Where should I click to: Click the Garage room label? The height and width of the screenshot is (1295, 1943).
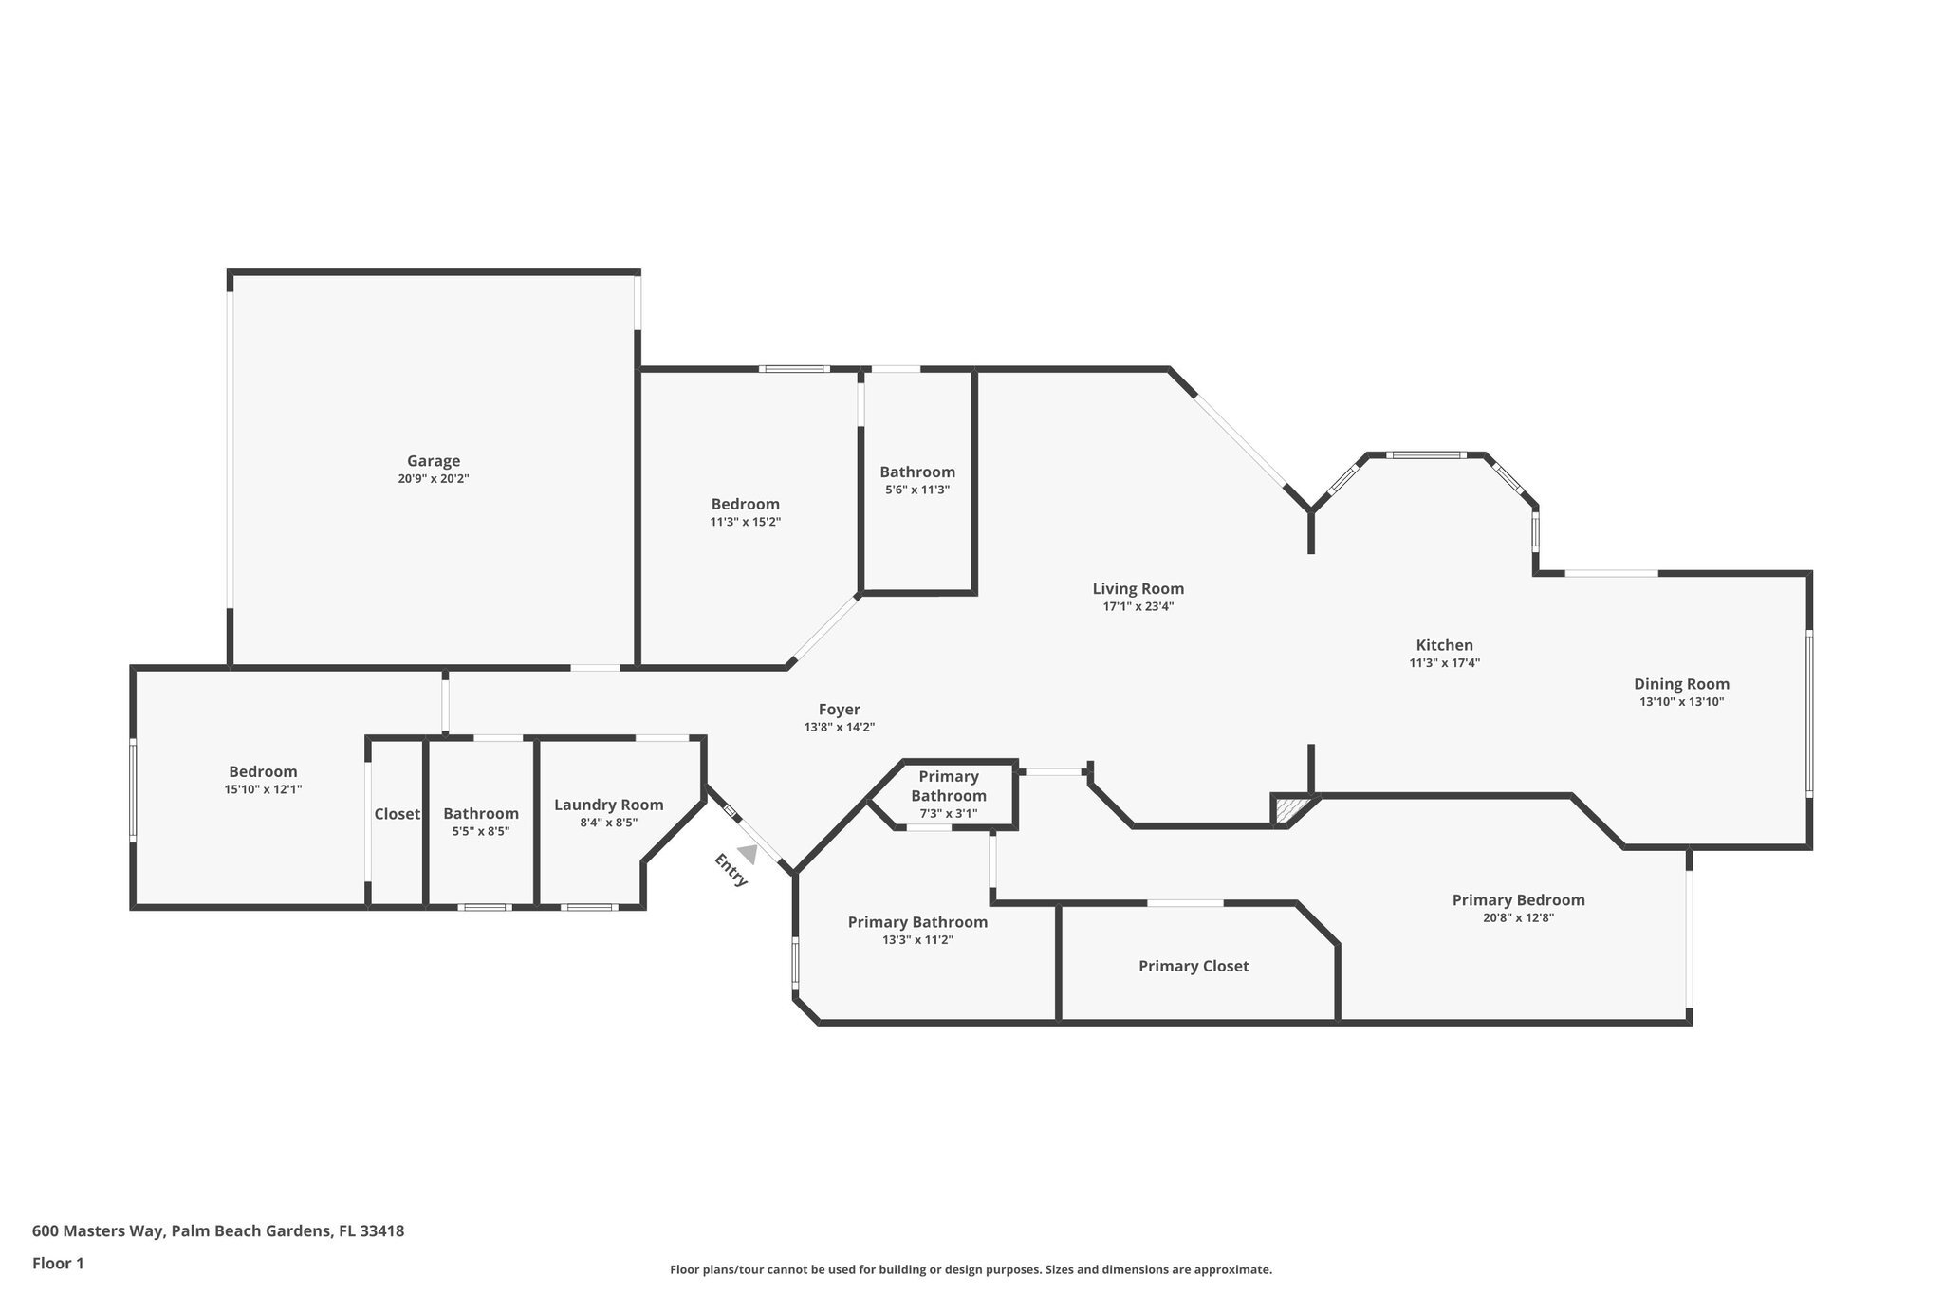434,461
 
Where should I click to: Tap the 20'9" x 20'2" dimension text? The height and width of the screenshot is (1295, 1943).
434,479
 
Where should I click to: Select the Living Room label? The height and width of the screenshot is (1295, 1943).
1138,588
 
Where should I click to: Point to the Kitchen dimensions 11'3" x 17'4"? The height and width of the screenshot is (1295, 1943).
1444,663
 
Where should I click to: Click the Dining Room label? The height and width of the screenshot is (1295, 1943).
1681,683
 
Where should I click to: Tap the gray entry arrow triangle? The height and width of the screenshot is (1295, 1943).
749,855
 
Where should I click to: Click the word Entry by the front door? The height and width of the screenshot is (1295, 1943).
731,870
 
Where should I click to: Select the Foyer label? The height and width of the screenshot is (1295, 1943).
839,709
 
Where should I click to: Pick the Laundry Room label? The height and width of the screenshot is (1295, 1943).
608,805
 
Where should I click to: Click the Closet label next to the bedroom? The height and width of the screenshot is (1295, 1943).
397,814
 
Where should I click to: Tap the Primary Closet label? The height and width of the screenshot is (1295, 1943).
1194,966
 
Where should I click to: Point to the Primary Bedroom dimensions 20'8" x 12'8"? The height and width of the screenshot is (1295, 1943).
1518,917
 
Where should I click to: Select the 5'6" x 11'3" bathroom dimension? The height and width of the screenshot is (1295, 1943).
916,490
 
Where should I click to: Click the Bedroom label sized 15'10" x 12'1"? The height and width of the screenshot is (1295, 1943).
263,771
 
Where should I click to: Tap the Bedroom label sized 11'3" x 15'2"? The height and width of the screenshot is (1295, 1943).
745,504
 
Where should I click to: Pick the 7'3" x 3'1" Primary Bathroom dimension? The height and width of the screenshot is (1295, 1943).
948,813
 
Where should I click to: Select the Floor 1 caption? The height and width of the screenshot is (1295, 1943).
58,1263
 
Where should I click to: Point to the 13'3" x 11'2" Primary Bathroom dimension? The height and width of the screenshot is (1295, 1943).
916,939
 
